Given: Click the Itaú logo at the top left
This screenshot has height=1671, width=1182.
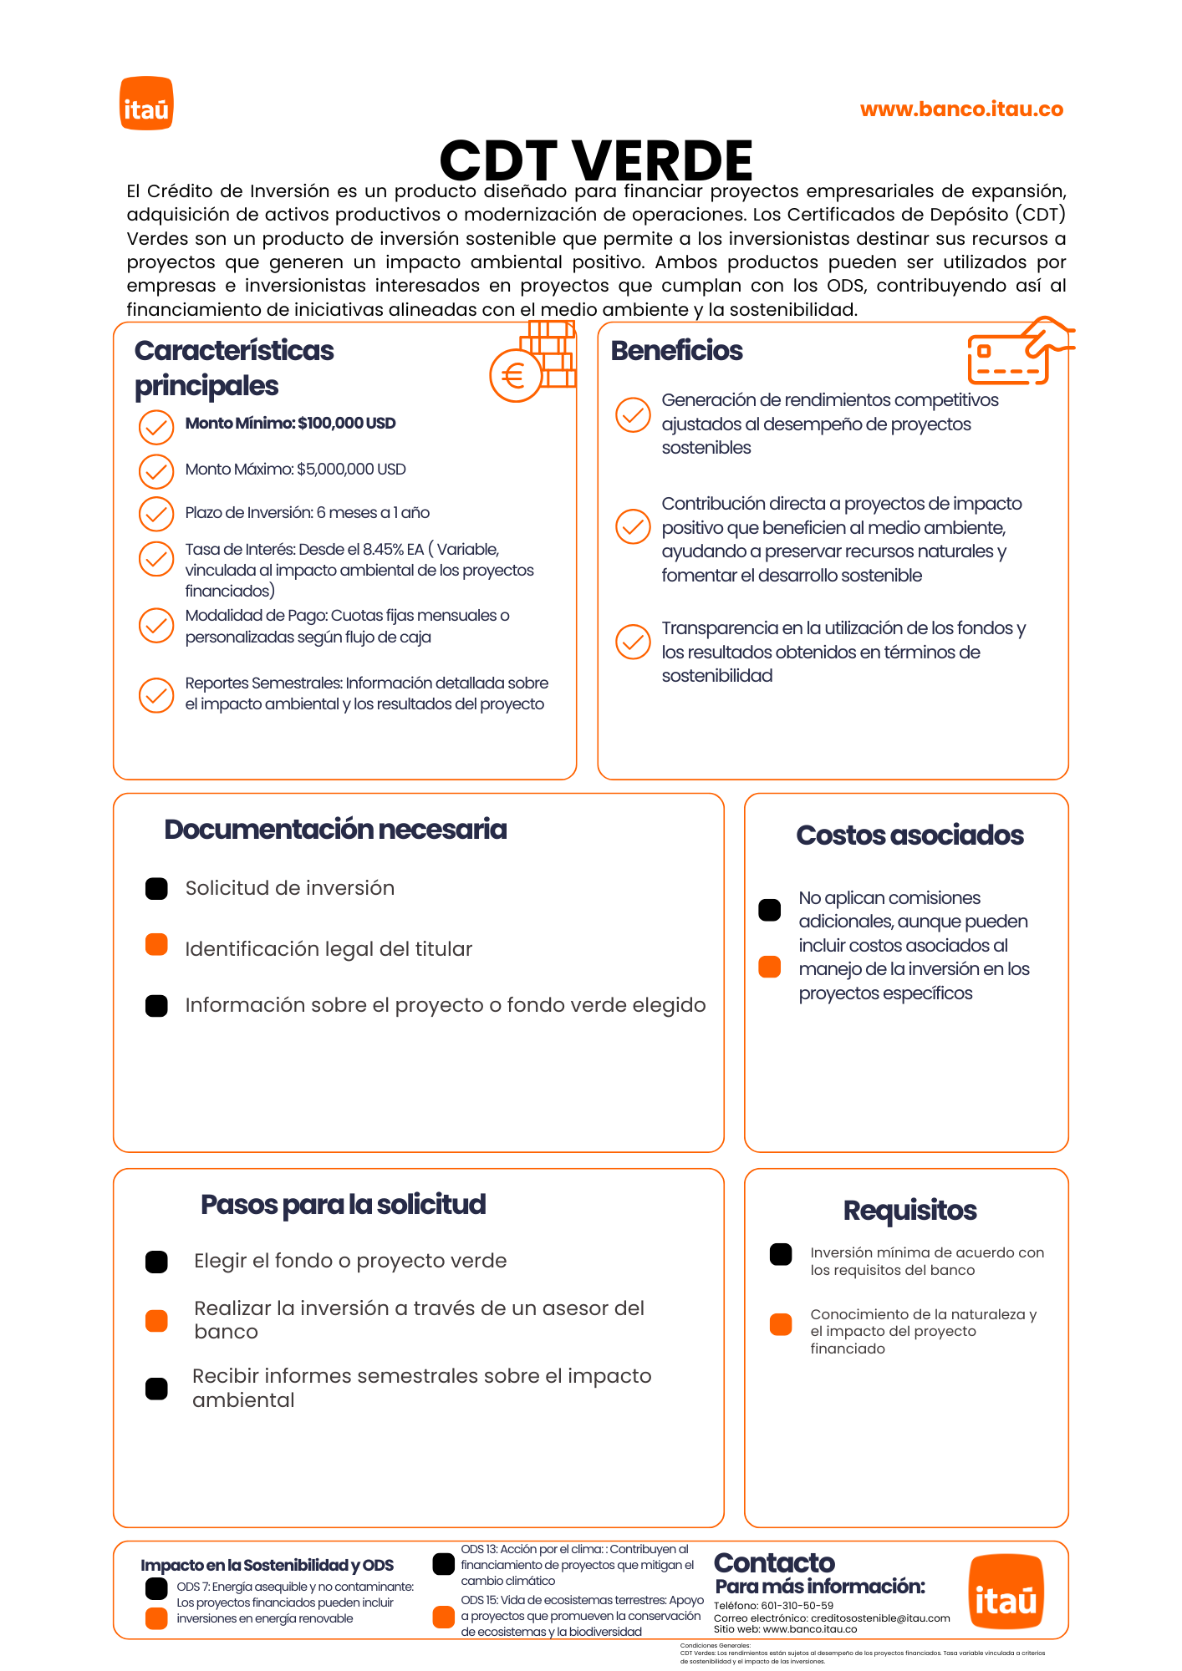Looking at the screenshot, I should tap(146, 104).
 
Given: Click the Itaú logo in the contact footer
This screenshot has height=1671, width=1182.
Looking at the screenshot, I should tap(1006, 1592).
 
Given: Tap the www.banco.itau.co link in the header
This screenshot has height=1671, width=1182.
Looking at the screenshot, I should tap(961, 109).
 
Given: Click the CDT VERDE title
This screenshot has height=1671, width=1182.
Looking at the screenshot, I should tap(596, 160).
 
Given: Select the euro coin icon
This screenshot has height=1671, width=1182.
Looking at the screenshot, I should tap(515, 376).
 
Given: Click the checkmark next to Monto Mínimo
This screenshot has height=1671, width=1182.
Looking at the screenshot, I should tap(156, 427).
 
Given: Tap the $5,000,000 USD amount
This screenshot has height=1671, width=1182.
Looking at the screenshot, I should tap(351, 470).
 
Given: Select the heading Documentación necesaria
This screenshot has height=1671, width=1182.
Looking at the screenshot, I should tap(335, 830).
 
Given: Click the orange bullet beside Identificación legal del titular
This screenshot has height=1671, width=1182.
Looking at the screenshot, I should tap(156, 945).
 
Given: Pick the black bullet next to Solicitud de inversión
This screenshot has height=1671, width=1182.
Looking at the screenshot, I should tap(156, 888).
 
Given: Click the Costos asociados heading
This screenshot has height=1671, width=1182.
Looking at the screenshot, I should tap(909, 835).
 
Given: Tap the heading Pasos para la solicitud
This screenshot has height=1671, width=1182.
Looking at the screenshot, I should tap(343, 1205).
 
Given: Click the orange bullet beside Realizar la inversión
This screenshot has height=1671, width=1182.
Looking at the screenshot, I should tap(156, 1321).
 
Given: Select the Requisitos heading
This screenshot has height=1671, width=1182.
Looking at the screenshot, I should tap(909, 1211).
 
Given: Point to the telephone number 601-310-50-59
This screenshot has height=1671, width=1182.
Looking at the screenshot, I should tap(797, 1605).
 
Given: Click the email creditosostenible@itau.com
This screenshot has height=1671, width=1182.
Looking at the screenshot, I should tap(879, 1618).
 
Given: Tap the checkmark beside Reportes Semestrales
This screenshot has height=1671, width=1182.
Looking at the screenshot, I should tap(156, 695).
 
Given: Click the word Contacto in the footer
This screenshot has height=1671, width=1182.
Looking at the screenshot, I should tap(774, 1563).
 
